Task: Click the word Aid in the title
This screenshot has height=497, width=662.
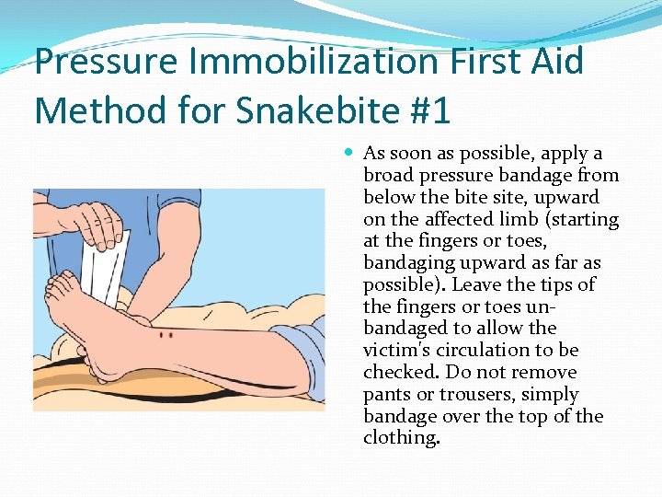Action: point(555,62)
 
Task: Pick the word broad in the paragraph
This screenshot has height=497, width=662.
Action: point(389,175)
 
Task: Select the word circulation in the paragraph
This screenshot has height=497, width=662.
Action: point(504,350)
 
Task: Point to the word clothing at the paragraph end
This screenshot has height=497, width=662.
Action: point(401,438)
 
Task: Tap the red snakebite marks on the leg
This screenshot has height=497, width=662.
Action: point(165,335)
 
